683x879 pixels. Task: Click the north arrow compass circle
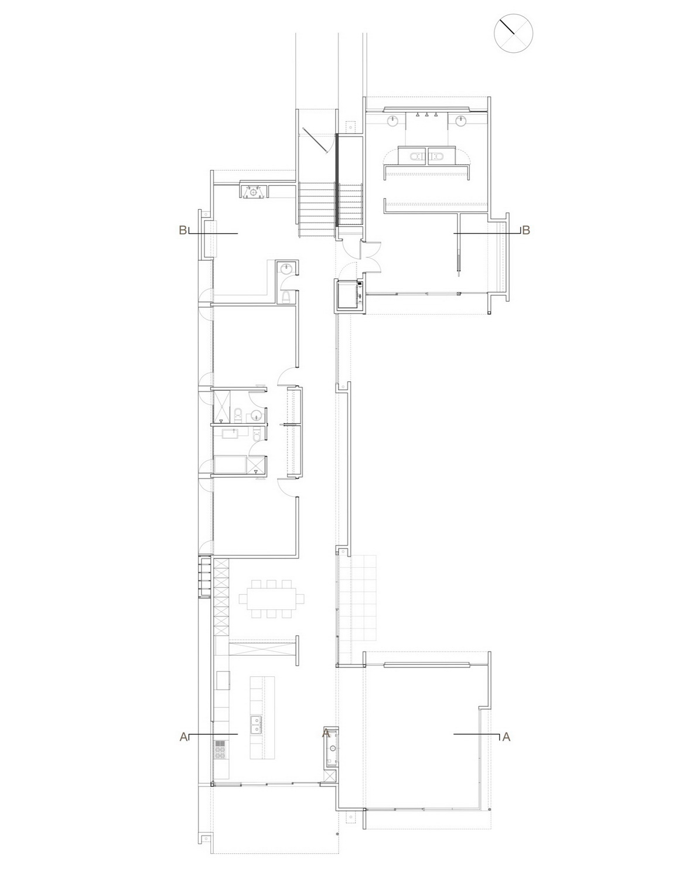click(x=513, y=33)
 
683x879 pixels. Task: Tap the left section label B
click(x=183, y=230)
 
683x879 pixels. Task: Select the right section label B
click(x=526, y=230)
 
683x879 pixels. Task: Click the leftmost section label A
click(x=183, y=737)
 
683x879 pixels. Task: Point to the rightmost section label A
click(x=506, y=737)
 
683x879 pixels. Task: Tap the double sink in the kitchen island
click(x=255, y=724)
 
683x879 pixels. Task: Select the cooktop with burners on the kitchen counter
click(x=220, y=749)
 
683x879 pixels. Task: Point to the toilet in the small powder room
click(x=286, y=297)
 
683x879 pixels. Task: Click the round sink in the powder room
click(x=287, y=268)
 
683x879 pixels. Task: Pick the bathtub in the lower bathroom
click(x=230, y=464)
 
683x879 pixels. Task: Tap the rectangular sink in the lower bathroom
click(x=235, y=433)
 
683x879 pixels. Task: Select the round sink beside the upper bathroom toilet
click(x=256, y=414)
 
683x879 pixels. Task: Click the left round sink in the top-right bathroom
click(x=393, y=121)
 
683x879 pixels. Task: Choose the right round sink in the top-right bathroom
click(x=460, y=121)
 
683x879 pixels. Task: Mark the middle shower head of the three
click(x=427, y=115)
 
